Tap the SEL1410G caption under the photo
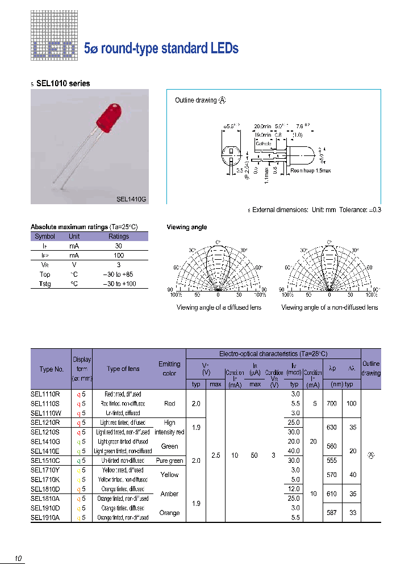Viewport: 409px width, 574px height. [x=131, y=199]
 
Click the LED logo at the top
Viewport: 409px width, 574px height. [x=53, y=49]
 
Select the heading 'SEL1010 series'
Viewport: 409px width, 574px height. [x=62, y=83]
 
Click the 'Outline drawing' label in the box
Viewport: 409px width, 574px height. [x=196, y=100]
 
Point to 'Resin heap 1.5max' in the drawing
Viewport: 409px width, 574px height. [x=310, y=170]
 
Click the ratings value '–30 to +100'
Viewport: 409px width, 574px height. [x=119, y=284]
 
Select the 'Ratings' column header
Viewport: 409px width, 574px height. [x=119, y=237]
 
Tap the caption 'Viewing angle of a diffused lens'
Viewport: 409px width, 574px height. [x=219, y=307]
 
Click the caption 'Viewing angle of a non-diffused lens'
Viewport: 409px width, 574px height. [x=329, y=307]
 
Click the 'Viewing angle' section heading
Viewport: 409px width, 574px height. [x=186, y=227]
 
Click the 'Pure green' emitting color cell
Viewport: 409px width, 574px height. [x=169, y=461]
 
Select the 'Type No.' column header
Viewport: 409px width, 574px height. [x=52, y=369]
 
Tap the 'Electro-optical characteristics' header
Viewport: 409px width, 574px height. [x=273, y=353]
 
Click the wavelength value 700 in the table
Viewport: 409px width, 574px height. [x=332, y=403]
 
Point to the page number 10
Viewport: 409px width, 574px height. [x=18, y=559]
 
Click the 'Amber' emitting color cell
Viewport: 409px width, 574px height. [x=169, y=493]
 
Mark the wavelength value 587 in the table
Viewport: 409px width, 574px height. [x=332, y=513]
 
